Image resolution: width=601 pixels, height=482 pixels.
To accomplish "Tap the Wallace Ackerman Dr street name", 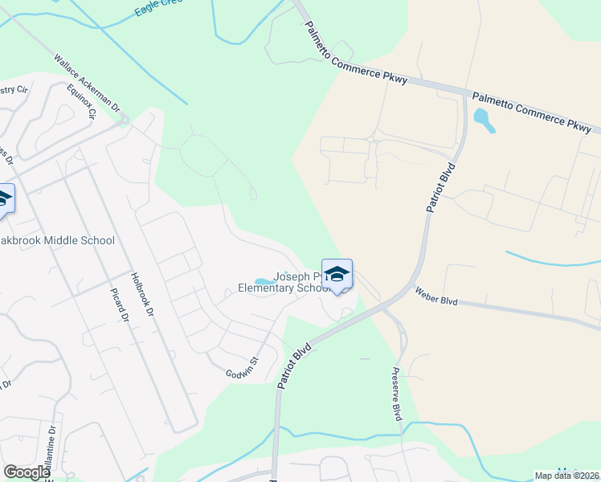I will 87,83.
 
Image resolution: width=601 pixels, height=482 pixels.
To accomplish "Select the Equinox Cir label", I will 82,103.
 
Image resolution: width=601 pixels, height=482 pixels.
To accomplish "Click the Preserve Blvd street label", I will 396,394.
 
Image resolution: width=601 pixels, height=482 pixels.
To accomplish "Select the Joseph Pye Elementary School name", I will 285,282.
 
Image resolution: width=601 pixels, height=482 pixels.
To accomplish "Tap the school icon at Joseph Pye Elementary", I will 337,273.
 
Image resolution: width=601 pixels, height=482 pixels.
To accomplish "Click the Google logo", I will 27,472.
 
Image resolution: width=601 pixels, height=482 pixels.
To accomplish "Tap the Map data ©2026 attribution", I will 567,476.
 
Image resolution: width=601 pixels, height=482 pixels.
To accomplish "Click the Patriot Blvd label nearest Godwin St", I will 294,366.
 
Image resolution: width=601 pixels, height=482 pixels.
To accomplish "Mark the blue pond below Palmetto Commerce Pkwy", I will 484,120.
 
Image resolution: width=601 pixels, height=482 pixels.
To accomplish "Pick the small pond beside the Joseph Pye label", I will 264,280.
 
